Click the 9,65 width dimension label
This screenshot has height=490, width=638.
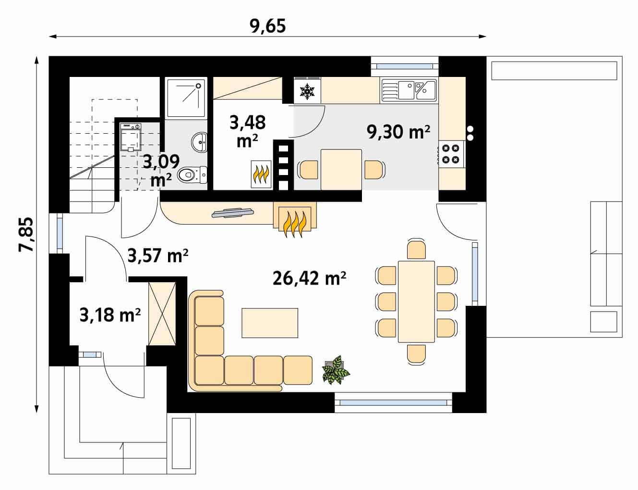tap(268, 26)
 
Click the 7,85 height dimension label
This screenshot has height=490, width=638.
tap(26, 234)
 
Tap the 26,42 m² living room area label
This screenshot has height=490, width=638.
tap(310, 278)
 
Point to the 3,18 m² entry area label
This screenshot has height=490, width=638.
tap(110, 314)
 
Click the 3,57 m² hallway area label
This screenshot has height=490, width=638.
tap(158, 255)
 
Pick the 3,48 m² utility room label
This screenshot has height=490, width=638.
tap(248, 131)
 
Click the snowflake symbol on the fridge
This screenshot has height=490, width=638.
tap(307, 91)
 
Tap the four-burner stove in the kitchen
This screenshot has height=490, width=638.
tap(451, 154)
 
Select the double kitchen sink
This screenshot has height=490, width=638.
tap(409, 90)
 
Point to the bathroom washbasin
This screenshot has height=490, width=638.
tap(199, 143)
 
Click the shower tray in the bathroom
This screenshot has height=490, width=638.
tap(186, 98)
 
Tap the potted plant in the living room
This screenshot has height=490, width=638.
tap(336, 370)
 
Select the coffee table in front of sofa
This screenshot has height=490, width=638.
tap(270, 323)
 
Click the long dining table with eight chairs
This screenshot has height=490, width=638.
tap(416, 302)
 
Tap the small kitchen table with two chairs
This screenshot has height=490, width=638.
tap(341, 170)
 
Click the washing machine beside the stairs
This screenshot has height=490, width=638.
tap(131, 137)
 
